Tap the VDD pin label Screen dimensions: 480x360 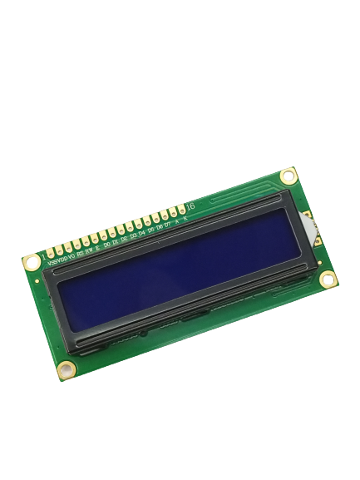pyautogui.click(x=62, y=260)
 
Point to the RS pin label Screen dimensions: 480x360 pyautogui.click(x=81, y=253)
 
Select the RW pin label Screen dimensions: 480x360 pyautogui.click(x=89, y=250)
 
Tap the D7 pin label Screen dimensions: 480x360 pyautogui.click(x=167, y=223)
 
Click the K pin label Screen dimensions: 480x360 pyautogui.click(x=185, y=218)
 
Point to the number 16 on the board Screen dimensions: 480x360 pyautogui.click(x=190, y=206)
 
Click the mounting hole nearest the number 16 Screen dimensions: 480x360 pyautogui.click(x=288, y=176)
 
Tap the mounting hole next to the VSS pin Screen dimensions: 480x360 pyautogui.click(x=32, y=261)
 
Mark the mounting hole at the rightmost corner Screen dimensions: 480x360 pyautogui.click(x=328, y=279)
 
